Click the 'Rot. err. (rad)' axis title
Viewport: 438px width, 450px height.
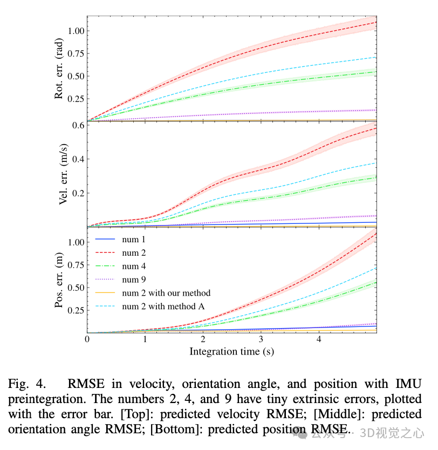pyautogui.click(x=60, y=69)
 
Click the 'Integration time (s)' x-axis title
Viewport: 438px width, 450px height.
pyautogui.click(x=231, y=352)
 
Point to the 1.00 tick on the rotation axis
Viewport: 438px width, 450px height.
pyautogui.click(x=74, y=31)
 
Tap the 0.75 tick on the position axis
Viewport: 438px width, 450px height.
pyautogui.click(x=74, y=265)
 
